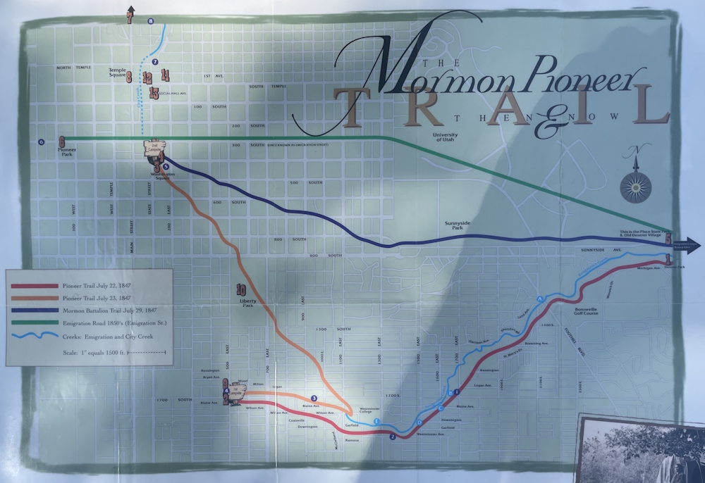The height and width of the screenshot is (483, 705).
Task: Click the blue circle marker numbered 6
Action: pos(41,142)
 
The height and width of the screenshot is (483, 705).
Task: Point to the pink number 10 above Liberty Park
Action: pos(241,289)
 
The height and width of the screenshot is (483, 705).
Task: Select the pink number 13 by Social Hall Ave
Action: pos(154,92)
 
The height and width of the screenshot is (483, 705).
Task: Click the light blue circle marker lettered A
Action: pos(540,300)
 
